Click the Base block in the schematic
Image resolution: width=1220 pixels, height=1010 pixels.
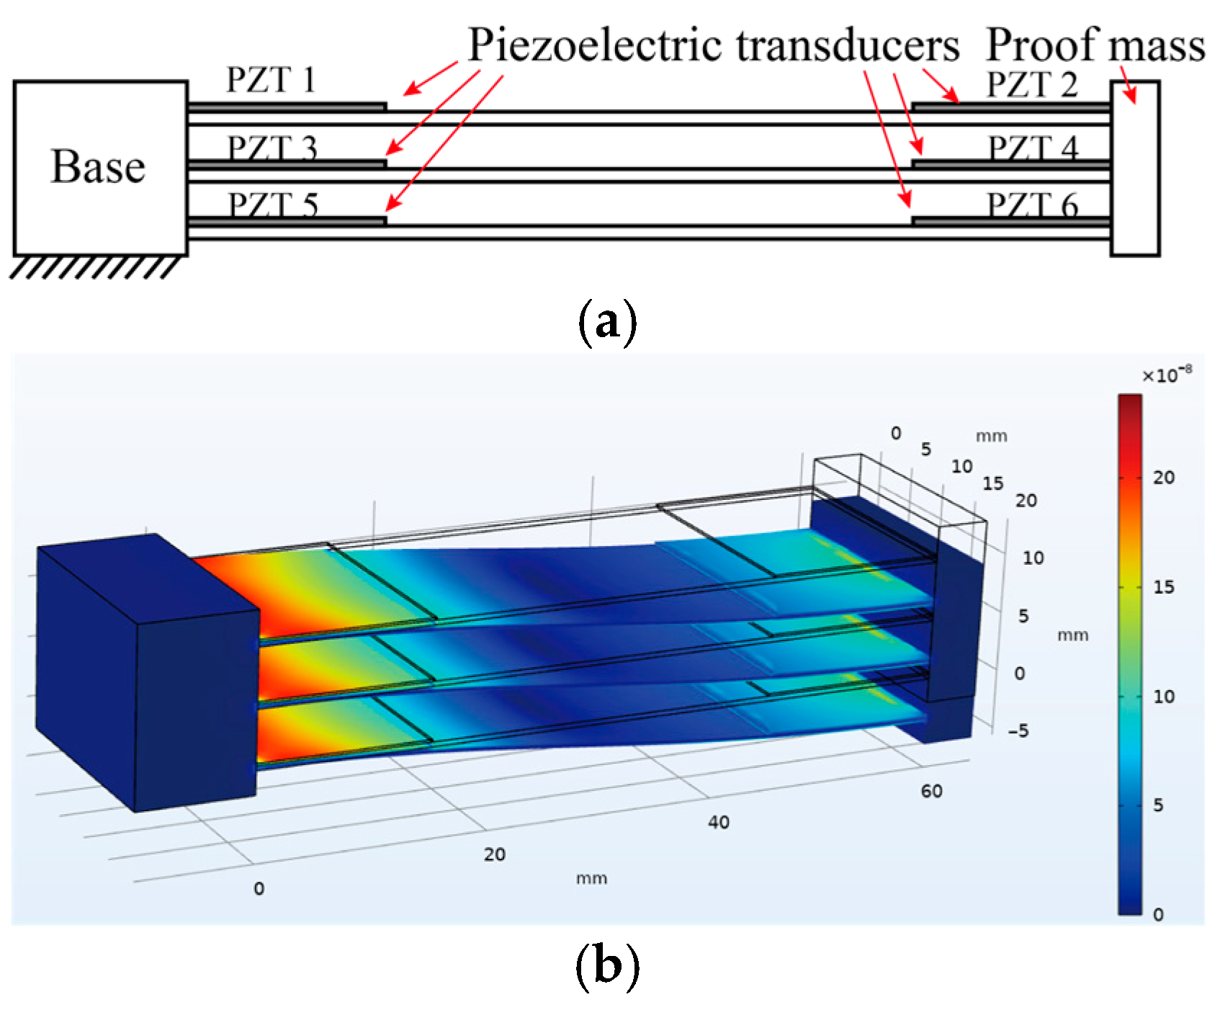[99, 168]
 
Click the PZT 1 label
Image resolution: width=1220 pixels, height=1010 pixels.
[271, 81]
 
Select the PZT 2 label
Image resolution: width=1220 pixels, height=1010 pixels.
[1031, 85]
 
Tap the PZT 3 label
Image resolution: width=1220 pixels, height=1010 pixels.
[273, 148]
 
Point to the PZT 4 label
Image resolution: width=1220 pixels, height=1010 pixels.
[1033, 148]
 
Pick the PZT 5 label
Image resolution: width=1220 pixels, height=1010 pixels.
[273, 205]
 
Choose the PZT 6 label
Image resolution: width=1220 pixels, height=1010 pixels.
[1033, 206]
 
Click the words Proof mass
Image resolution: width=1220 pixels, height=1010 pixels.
[1095, 45]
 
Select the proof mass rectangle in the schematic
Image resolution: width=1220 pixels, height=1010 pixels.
[1134, 168]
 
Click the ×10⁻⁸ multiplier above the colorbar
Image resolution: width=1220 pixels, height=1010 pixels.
[1163, 376]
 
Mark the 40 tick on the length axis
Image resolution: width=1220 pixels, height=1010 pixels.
[719, 822]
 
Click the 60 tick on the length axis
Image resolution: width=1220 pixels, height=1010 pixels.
[930, 791]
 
